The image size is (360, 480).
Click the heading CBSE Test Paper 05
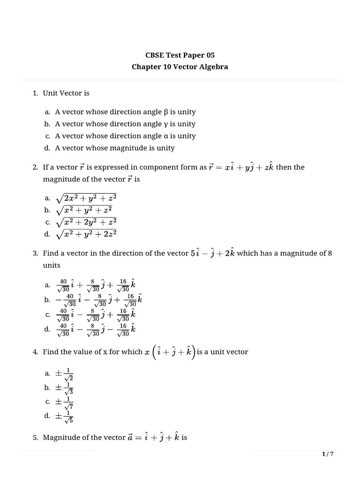click(x=180, y=55)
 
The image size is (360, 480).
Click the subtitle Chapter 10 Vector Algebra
click(x=180, y=67)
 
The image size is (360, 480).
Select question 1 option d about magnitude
click(x=114, y=148)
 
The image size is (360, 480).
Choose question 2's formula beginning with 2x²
click(x=86, y=198)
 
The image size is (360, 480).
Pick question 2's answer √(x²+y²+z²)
click(x=84, y=210)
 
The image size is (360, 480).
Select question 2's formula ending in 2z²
click(x=86, y=233)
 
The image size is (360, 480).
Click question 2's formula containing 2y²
click(x=86, y=222)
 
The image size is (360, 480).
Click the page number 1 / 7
click(x=328, y=454)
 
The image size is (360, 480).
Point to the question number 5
click(x=36, y=437)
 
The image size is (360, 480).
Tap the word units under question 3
click(x=52, y=265)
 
